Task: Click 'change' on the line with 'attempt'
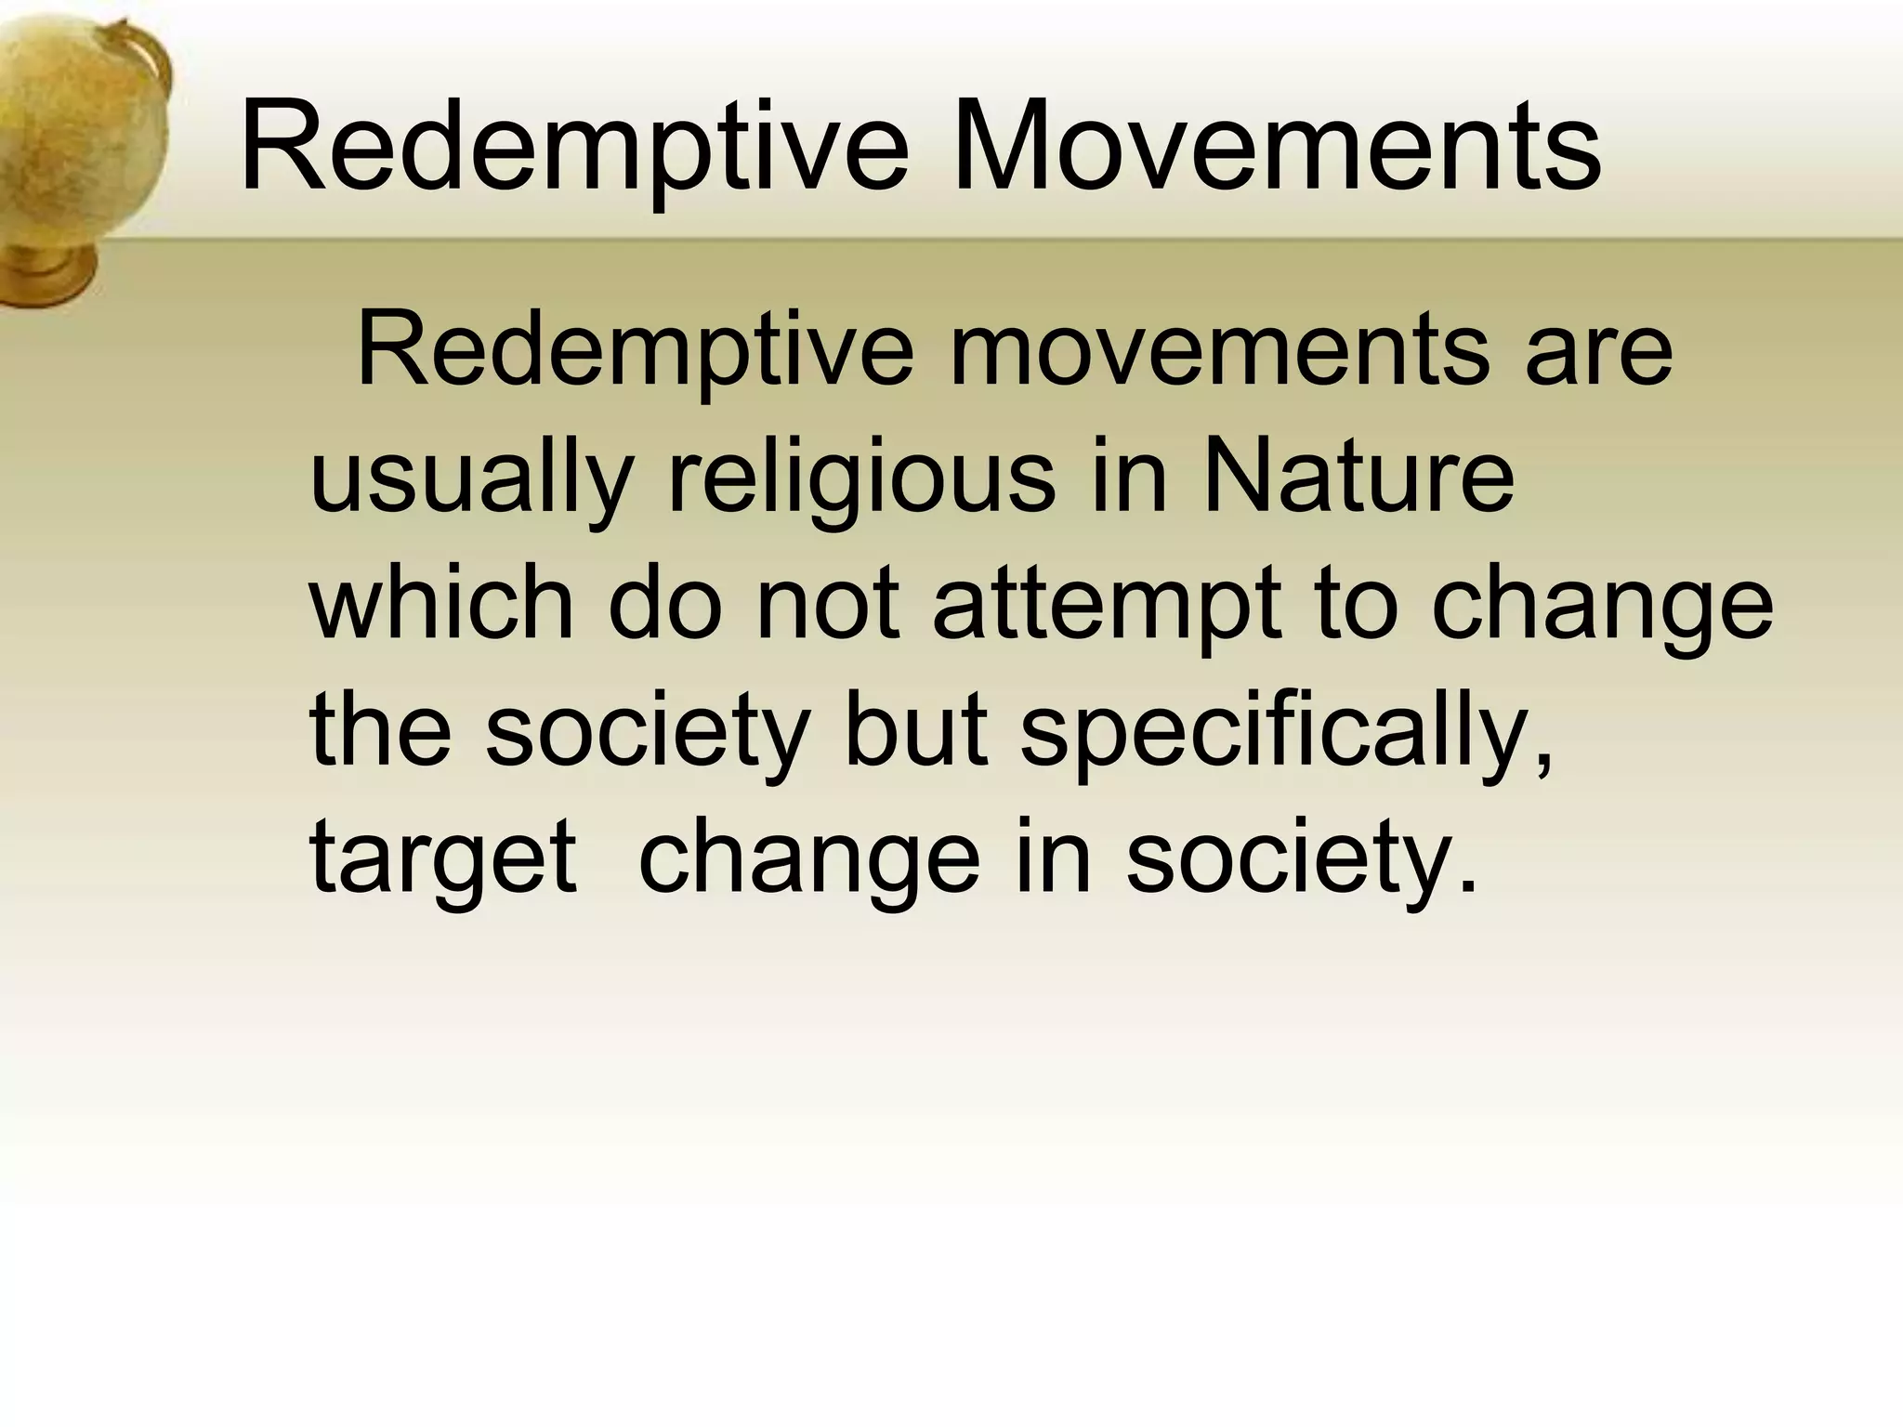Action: click(x=1602, y=609)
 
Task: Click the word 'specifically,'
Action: click(x=1286, y=734)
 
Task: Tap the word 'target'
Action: click(x=442, y=860)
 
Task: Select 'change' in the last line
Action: click(x=808, y=860)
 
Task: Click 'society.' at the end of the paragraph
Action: click(x=1301, y=860)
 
